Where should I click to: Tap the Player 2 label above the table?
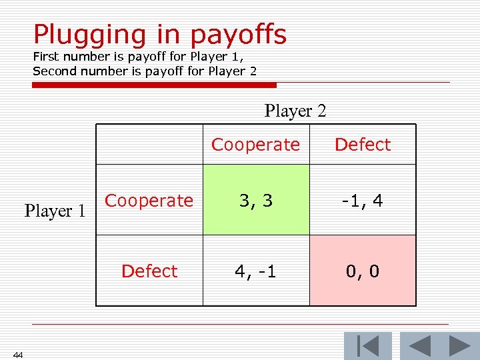[295, 111]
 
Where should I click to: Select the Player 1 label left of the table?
[56, 211]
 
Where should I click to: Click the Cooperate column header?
[256, 145]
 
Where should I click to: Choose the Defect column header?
[363, 145]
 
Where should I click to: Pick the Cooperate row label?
[149, 201]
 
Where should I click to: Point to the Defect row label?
[149, 271]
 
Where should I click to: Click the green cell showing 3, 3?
[256, 201]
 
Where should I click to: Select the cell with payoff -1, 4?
[363, 201]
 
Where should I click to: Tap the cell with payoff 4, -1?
[256, 271]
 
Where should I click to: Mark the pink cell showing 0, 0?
[363, 271]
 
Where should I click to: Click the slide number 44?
[18, 355]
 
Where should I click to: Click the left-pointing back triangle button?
[419, 346]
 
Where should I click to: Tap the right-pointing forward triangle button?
[459, 346]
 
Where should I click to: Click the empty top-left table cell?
[149, 145]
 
